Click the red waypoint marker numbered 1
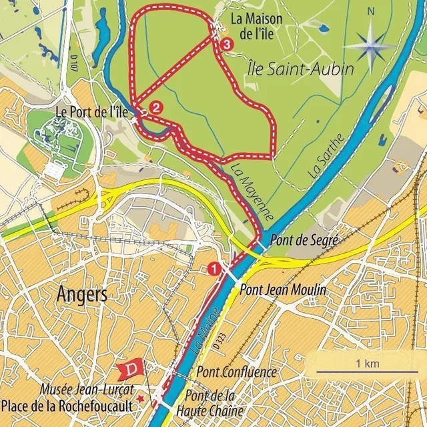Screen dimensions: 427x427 coord(214,269)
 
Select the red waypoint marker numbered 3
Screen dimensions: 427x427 coord(228,45)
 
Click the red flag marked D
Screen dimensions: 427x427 coord(129,369)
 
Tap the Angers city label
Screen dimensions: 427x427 coord(82,294)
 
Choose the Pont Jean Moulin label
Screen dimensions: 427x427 coord(282,290)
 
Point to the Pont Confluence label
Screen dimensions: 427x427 coord(237,372)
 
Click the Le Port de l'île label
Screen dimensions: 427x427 coord(91,111)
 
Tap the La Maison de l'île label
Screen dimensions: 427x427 coord(256,25)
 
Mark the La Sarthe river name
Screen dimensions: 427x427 coord(327,155)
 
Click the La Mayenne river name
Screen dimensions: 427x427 coord(254,193)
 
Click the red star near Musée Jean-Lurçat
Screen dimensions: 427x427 coord(141,398)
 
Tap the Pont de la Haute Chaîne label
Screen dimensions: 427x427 coord(214,403)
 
